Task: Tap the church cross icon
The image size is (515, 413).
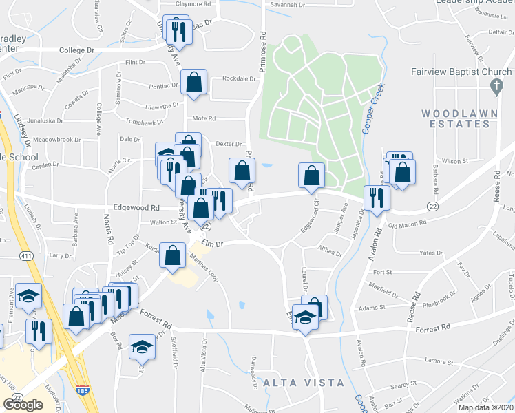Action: (x=494, y=87)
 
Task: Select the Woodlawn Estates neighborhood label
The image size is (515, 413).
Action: (x=455, y=118)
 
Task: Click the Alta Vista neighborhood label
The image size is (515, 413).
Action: (x=293, y=383)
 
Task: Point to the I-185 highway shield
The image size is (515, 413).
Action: (x=82, y=391)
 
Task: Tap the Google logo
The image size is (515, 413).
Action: (x=23, y=405)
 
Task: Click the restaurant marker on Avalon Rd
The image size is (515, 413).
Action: (x=377, y=198)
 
